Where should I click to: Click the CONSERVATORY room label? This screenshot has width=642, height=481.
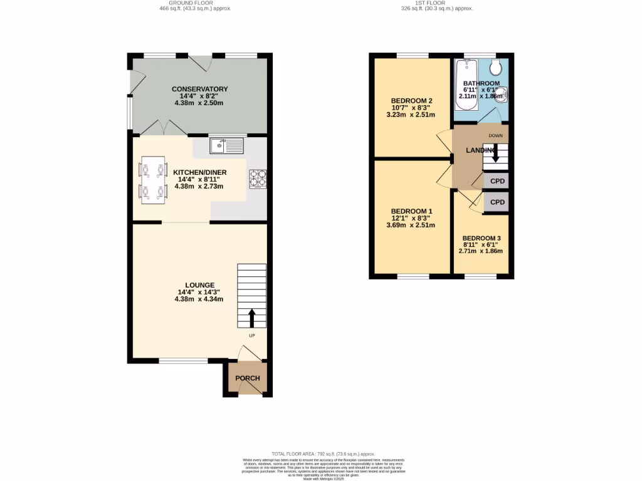pos(199,89)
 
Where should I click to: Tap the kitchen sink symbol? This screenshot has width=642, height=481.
pos(226,146)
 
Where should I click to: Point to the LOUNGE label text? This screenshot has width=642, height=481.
pos(199,285)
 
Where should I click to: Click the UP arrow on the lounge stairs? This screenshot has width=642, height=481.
pos(252,318)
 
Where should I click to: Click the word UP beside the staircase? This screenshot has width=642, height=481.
pos(252,336)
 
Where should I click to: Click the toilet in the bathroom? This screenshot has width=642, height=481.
pos(497,67)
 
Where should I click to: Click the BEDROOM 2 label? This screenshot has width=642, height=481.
pos(412,101)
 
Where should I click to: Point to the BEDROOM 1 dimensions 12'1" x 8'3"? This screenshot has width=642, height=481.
pos(411,218)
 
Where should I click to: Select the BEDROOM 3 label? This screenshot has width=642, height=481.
pos(481,239)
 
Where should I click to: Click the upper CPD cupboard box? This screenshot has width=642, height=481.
pos(497,181)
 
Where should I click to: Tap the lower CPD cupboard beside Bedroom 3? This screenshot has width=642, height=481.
pos(497,202)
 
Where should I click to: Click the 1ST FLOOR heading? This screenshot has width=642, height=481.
pos(438,3)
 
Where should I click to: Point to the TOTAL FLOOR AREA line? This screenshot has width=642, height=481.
pos(324,453)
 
